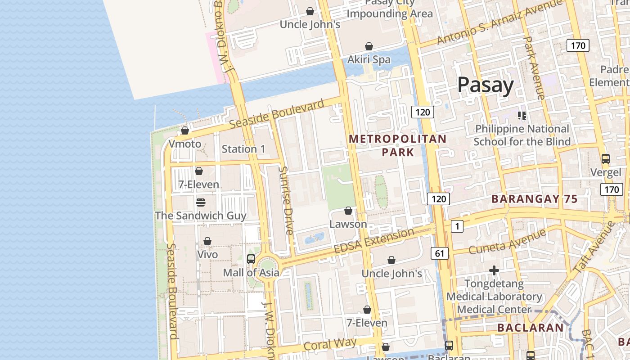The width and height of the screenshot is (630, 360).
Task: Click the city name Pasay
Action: [x=485, y=85]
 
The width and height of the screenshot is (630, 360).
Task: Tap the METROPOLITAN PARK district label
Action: [x=398, y=145]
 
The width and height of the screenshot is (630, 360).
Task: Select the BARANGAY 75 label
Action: [x=534, y=199]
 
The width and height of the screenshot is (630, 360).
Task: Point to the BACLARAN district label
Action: [x=530, y=328]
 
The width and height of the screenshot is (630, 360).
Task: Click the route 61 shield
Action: [x=440, y=253]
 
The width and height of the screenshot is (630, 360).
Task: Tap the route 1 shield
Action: [x=457, y=226]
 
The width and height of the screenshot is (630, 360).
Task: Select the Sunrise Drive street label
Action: [x=286, y=200]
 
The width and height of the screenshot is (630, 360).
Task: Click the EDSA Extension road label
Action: [x=373, y=241]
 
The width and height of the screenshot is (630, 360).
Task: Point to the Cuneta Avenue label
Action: [x=507, y=241]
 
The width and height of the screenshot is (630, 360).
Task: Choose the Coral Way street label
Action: [x=330, y=344]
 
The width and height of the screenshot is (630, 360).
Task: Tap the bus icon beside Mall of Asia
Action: [x=251, y=259]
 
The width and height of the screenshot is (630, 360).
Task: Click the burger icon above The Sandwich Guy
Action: [x=201, y=202]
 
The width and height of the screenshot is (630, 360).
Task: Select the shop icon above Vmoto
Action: [x=184, y=131]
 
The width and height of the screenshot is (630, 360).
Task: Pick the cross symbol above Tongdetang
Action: [x=494, y=270]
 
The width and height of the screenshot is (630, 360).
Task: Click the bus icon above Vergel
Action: [x=606, y=159]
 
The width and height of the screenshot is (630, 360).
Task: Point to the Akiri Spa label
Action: [x=369, y=59]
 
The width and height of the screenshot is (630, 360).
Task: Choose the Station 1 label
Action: [x=243, y=149]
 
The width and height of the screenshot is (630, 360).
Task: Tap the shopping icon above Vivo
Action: [x=207, y=242]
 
